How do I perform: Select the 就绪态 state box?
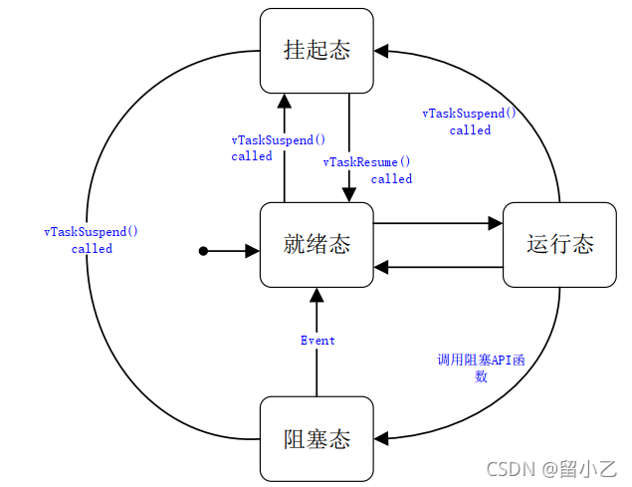[317, 244]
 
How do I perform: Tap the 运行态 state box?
[559, 244]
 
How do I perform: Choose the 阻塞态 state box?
[317, 438]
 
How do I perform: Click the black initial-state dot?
[203, 252]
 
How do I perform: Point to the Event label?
[317, 341]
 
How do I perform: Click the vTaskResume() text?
[367, 162]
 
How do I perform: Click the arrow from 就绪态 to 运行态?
[438, 224]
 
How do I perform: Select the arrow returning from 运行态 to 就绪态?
[438, 267]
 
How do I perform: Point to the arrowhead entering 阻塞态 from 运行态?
[382, 437]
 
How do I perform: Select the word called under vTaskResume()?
[391, 179]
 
